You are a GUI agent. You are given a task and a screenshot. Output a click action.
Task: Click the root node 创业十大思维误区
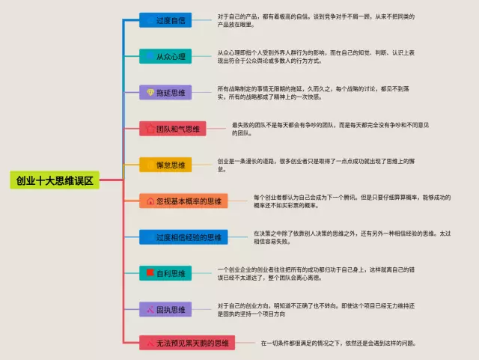coord(55,180)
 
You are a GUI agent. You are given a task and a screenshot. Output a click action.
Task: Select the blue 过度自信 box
coord(165,20)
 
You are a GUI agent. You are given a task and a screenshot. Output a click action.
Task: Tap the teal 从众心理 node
coord(165,56)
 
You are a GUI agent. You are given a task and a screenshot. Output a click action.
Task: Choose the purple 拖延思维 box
coord(165,93)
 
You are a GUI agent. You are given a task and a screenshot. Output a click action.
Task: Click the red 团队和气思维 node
coord(172,129)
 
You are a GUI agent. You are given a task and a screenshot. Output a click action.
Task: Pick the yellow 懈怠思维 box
coord(165,165)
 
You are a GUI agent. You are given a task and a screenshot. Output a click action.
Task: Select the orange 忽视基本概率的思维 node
coord(183,201)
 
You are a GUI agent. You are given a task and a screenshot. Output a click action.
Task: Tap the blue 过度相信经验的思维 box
coord(183,237)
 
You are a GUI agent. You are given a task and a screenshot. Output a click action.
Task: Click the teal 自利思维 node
coord(165,273)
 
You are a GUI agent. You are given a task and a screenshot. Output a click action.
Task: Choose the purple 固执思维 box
coord(165,309)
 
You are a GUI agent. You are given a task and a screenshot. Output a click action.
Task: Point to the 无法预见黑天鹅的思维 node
coord(187,344)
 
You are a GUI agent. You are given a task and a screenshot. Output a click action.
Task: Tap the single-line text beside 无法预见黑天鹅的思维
coord(338,344)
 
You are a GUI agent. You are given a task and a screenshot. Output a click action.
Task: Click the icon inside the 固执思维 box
coord(150,309)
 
